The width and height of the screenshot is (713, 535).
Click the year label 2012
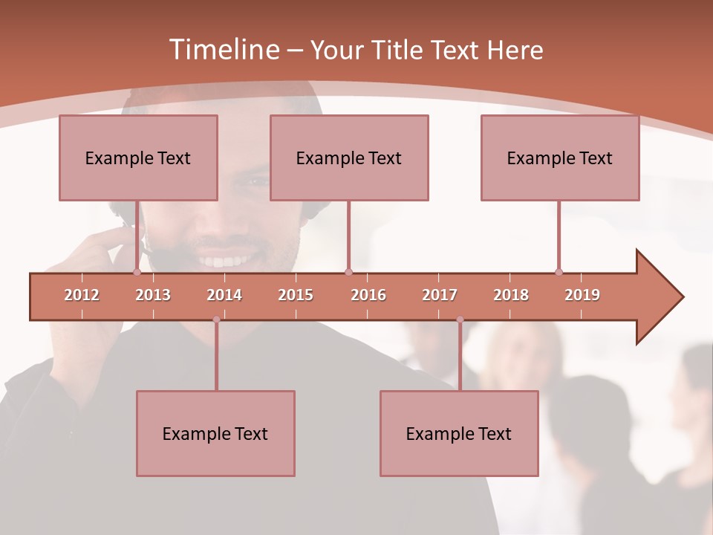[x=82, y=295]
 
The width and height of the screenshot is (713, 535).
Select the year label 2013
[x=153, y=295]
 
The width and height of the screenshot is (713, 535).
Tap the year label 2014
[x=224, y=295]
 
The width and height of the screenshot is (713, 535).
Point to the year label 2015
[x=296, y=295]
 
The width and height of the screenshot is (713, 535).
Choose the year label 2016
[x=368, y=295]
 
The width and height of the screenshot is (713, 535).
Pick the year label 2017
[x=440, y=295]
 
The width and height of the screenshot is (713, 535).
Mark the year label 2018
[x=511, y=295]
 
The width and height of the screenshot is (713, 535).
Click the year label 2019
[x=582, y=295]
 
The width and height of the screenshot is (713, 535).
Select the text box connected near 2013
[x=138, y=158]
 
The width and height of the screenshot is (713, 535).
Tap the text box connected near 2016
[x=349, y=158]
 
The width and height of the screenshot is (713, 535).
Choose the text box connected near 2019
[x=560, y=158]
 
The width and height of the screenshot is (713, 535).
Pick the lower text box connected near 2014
[x=215, y=433]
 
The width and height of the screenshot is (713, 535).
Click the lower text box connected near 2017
[x=459, y=433]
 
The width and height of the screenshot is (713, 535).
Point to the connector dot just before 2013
[x=137, y=272]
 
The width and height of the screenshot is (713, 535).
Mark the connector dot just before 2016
[x=348, y=272]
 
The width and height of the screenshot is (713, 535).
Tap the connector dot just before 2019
[x=559, y=272]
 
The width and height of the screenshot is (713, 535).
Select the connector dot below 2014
[x=216, y=320]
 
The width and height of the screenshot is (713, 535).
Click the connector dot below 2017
[x=460, y=320]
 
